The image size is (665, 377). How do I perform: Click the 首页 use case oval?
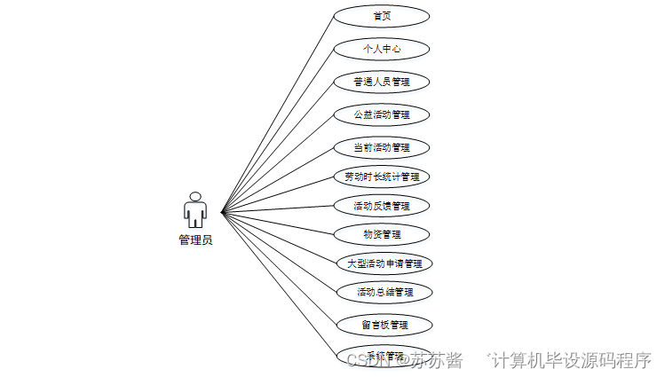[x=382, y=16]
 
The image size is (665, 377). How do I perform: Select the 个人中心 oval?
[x=382, y=49]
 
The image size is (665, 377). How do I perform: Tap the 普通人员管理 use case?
[x=382, y=82]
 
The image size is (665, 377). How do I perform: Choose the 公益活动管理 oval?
[x=382, y=114]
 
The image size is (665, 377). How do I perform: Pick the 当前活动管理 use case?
[x=382, y=147]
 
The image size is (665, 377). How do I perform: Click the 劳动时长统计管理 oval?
[x=382, y=177]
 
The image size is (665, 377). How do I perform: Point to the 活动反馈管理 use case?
[x=382, y=206]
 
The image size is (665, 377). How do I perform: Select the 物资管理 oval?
[x=382, y=234]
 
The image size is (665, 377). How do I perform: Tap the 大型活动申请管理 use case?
[x=384, y=263]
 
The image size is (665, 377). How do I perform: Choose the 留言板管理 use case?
[x=384, y=325]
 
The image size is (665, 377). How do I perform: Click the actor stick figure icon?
[x=195, y=210]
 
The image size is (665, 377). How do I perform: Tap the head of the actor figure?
[x=195, y=196]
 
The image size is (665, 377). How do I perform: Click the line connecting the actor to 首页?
[x=277, y=114]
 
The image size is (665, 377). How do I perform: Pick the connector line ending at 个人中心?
[x=277, y=130]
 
